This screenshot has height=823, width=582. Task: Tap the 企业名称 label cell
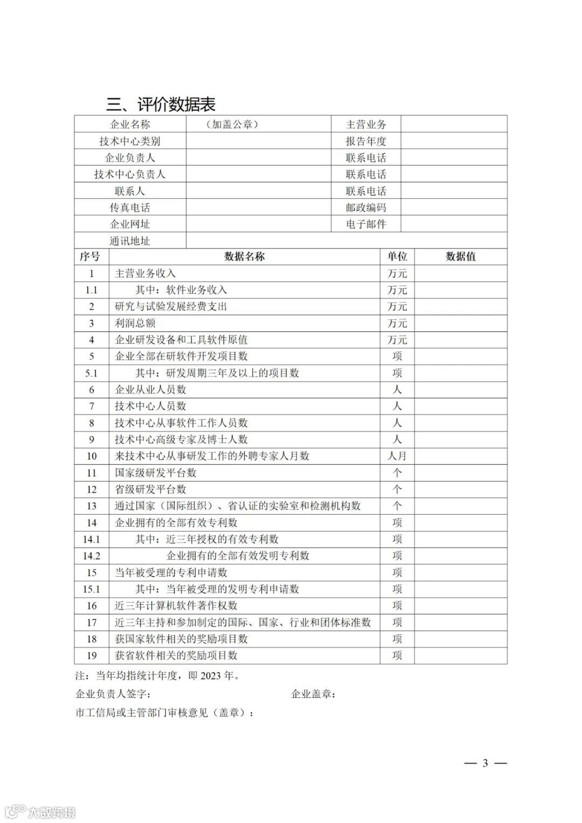pyautogui.click(x=130, y=125)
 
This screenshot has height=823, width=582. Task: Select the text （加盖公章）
pyautogui.click(x=232, y=125)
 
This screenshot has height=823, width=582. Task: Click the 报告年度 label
pyautogui.click(x=366, y=141)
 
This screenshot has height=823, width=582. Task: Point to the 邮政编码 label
pyautogui.click(x=366, y=208)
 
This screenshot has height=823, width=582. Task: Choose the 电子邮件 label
pyautogui.click(x=366, y=224)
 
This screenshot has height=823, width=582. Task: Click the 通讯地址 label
pyautogui.click(x=130, y=241)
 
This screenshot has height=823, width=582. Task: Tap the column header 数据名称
pyautogui.click(x=245, y=257)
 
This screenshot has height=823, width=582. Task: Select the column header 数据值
pyautogui.click(x=461, y=257)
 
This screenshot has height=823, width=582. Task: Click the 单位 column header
pyautogui.click(x=397, y=257)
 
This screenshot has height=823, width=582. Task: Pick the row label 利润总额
pyautogui.click(x=135, y=323)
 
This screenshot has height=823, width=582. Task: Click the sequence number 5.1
pyautogui.click(x=92, y=373)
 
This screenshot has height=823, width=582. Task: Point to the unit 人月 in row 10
pyautogui.click(x=397, y=456)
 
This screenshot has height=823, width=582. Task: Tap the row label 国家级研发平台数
pyautogui.click(x=156, y=473)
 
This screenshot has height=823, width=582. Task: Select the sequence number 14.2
pyautogui.click(x=92, y=556)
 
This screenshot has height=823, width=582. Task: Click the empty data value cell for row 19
pyautogui.click(x=461, y=655)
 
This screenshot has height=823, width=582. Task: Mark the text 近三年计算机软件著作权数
pyautogui.click(x=176, y=606)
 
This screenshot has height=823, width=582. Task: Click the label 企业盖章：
pyautogui.click(x=314, y=694)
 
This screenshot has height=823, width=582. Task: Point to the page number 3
pyautogui.click(x=485, y=763)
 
